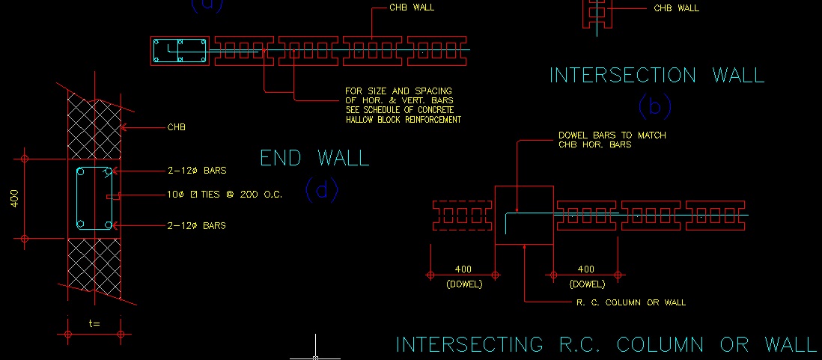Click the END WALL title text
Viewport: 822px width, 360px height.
tap(314, 158)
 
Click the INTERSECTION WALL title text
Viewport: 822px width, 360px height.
tap(657, 75)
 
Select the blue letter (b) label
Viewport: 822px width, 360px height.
tap(654, 106)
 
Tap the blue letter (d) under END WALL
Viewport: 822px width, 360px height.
tap(322, 189)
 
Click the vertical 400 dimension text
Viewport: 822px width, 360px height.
tap(14, 199)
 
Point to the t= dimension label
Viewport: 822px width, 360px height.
tap(94, 323)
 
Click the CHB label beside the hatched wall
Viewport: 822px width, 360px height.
tap(176, 127)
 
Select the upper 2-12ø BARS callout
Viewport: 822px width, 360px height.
tap(197, 171)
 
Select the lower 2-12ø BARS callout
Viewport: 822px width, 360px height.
tap(197, 225)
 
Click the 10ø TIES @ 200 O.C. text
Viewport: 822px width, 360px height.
tap(225, 195)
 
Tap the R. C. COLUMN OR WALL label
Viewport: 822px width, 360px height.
tap(631, 302)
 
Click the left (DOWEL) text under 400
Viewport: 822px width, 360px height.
tap(464, 284)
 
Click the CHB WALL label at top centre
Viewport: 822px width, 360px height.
tap(412, 7)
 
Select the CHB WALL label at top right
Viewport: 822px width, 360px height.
tap(676, 8)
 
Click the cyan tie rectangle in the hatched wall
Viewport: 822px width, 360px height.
tap(94, 199)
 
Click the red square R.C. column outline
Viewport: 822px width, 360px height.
tap(524, 215)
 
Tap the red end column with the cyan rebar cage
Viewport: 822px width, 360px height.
tap(180, 51)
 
